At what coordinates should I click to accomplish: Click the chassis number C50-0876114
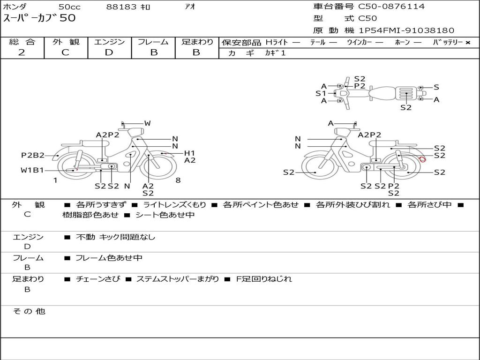(x=391, y=7)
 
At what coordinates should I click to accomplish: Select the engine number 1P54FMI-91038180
(x=406, y=30)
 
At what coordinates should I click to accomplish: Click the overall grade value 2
(x=22, y=52)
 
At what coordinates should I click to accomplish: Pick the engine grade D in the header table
(x=109, y=52)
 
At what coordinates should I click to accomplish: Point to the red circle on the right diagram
(x=422, y=159)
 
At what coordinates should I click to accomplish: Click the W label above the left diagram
(x=148, y=123)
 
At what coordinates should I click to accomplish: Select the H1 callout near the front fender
(x=189, y=153)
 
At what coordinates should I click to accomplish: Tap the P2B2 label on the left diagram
(x=33, y=156)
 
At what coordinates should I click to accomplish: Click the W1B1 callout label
(x=32, y=170)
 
